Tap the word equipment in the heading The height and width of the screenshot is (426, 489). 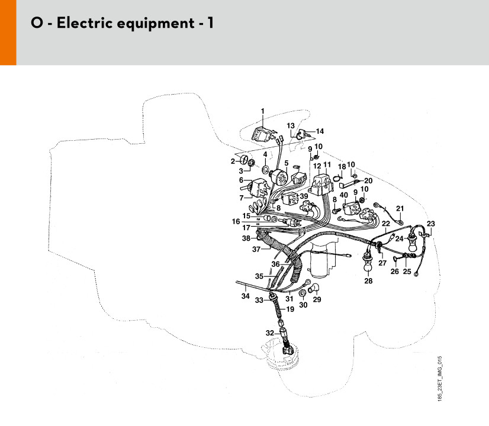click(155, 24)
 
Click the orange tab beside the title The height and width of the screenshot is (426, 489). click(8, 33)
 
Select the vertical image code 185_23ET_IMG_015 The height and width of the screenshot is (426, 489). click(440, 378)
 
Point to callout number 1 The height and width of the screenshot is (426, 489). click(263, 111)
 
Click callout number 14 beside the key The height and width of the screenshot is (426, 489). click(320, 131)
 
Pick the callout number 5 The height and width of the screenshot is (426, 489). click(287, 163)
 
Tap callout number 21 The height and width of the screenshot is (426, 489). click(400, 208)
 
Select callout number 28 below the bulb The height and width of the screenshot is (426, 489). click(368, 281)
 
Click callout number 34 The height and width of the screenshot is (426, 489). click(246, 296)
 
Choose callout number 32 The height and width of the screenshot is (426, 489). click(270, 333)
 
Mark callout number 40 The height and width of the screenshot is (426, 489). click(344, 195)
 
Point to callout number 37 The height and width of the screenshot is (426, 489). click(256, 249)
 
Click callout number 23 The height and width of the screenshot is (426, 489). click(430, 224)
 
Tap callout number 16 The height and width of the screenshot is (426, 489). click(236, 221)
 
